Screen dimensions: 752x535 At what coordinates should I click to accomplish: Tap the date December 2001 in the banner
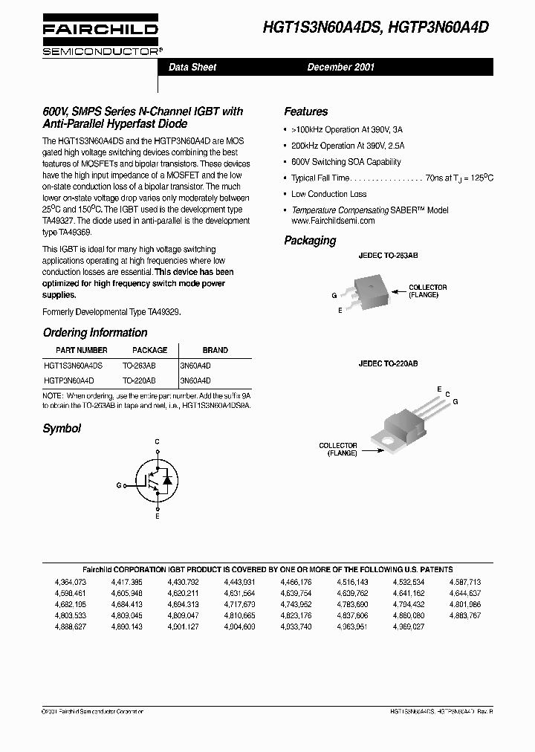[341, 67]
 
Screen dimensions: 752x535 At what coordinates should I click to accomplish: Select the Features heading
[305, 111]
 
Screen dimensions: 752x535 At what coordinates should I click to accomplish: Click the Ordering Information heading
[95, 332]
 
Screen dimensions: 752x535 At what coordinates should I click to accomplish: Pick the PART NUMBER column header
[82, 350]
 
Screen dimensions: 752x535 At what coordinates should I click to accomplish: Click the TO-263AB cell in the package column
[139, 366]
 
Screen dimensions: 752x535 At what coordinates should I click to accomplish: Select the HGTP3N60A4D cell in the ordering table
[69, 380]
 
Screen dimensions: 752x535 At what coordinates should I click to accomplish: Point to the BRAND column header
[215, 350]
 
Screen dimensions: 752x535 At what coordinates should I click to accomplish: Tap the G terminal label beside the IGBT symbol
[118, 484]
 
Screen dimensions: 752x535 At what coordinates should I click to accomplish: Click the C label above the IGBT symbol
[157, 442]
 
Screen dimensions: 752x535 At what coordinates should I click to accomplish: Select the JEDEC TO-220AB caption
[388, 363]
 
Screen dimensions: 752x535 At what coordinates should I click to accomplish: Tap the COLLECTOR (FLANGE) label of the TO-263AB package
[428, 291]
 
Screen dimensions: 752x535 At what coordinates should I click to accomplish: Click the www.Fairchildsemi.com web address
[333, 221]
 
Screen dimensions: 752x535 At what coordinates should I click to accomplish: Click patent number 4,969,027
[409, 626]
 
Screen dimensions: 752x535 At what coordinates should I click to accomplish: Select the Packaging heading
[310, 240]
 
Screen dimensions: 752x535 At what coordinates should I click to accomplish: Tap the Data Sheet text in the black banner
[192, 67]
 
